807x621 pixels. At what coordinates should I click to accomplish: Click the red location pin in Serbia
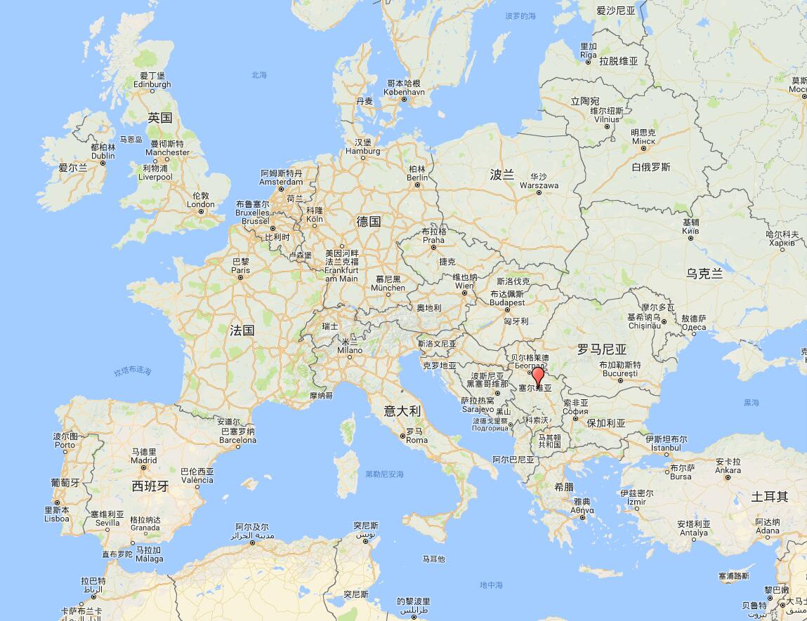pos(538,378)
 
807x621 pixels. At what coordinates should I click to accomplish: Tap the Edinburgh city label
pos(152,84)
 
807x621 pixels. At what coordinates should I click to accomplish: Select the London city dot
pos(201,212)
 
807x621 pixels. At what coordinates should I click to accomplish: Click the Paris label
pos(241,269)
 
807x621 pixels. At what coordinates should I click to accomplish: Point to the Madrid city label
pos(143,460)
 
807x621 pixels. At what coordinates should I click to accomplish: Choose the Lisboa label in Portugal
pos(57,519)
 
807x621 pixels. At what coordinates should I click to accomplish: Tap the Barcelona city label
pos(238,440)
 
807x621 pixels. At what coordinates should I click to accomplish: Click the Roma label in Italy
pos(416,440)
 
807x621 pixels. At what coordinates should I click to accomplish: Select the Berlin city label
pos(417,177)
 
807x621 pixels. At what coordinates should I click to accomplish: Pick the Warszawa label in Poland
pos(539,185)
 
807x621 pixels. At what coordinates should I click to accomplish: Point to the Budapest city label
pos(507,302)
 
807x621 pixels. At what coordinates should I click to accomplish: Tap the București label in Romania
pos(619,374)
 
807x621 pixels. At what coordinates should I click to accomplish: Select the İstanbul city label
pos(665,447)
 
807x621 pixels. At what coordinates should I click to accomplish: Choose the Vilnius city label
pos(607,119)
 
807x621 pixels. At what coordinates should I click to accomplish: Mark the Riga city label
pos(589,55)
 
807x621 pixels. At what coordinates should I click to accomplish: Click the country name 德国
pos(369,222)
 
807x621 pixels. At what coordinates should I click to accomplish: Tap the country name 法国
pos(242,330)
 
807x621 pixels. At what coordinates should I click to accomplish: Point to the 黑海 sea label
pos(752,403)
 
